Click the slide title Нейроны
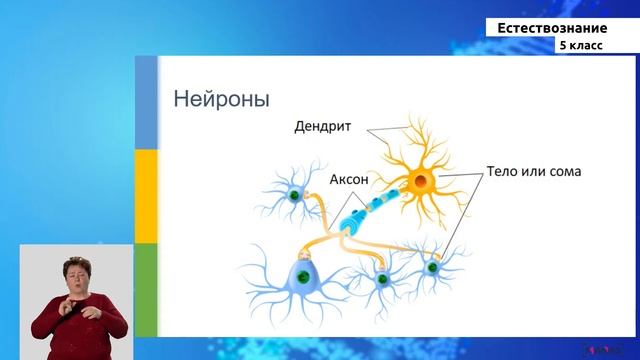[x=221, y=100]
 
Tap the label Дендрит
[x=326, y=128]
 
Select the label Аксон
[x=350, y=180]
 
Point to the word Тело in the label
[x=504, y=172]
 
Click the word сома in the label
[x=563, y=172]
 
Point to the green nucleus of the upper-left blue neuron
[x=294, y=196]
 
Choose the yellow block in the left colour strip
[x=146, y=196]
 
